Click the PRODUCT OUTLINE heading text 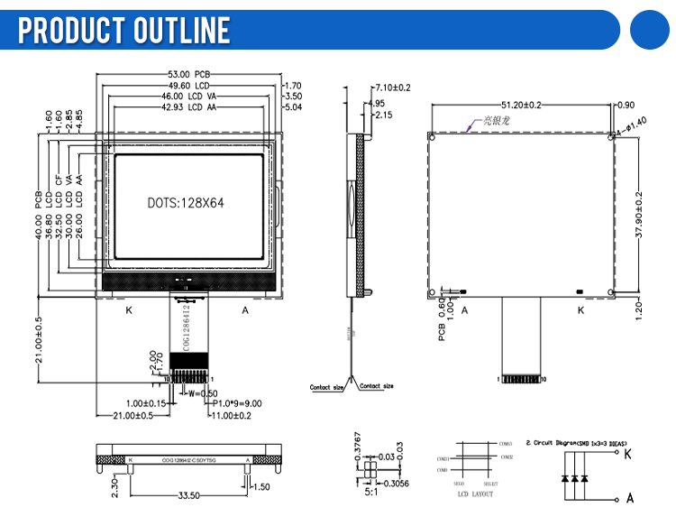pyautogui.click(x=124, y=30)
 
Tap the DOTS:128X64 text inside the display pyautogui.click(x=186, y=203)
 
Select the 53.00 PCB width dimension pyautogui.click(x=189, y=74)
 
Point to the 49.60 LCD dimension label pyautogui.click(x=188, y=86)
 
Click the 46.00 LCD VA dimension pyautogui.click(x=188, y=97)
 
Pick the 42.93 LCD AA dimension pyautogui.click(x=188, y=107)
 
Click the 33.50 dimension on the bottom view pyautogui.click(x=188, y=495)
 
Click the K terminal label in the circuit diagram pyautogui.click(x=628, y=454)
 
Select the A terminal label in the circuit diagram pyautogui.click(x=629, y=497)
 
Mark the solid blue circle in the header pyautogui.click(x=652, y=30)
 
